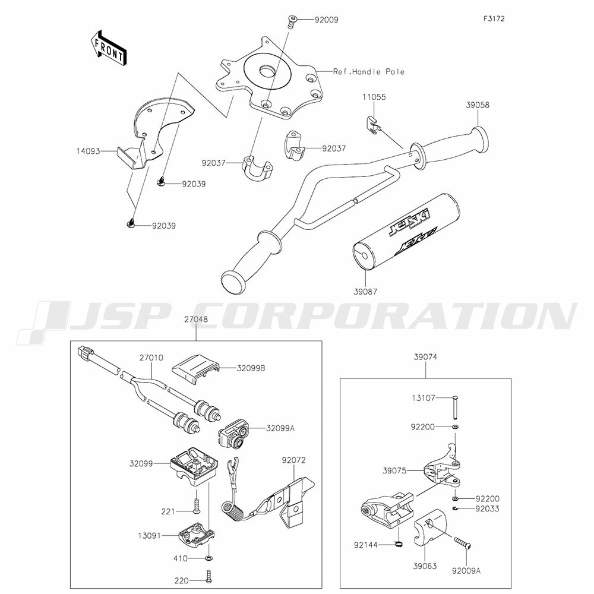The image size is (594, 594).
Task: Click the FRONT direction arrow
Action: tap(108, 48)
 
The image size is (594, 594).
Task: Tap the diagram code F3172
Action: tap(494, 18)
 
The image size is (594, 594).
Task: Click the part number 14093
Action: tap(89, 151)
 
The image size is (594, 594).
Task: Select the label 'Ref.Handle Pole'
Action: tap(369, 72)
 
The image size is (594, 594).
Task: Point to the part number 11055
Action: tap(374, 97)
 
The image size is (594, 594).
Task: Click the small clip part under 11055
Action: tap(374, 125)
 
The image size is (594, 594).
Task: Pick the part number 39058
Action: tap(478, 105)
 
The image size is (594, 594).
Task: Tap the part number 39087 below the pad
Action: tap(365, 292)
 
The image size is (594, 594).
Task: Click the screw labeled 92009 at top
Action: tap(292, 21)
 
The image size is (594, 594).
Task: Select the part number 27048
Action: tap(196, 320)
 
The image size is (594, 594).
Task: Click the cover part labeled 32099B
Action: tap(196, 369)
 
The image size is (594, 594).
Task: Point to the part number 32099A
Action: tap(280, 428)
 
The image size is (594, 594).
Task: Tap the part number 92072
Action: tap(293, 460)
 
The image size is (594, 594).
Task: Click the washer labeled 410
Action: tap(209, 558)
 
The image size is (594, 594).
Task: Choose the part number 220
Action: tap(181, 580)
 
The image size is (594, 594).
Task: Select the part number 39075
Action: tap(394, 470)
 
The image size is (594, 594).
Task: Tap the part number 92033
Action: tap(488, 508)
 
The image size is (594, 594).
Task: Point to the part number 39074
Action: tap(425, 357)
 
